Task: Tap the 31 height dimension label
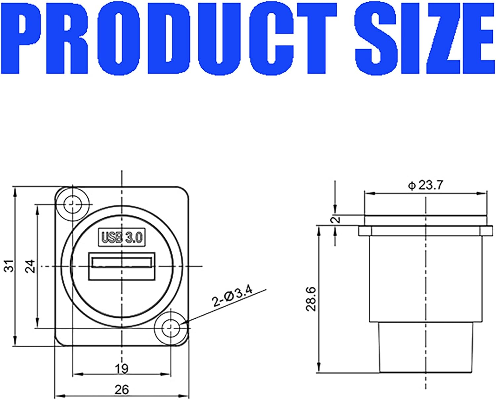tap(11, 266)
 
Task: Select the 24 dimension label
tap(30, 266)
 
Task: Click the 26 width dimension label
tap(121, 390)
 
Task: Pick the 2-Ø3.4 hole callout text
tap(232, 296)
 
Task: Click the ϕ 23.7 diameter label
tap(425, 185)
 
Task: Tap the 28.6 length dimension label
tap(311, 299)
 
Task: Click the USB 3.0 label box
tap(122, 237)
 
